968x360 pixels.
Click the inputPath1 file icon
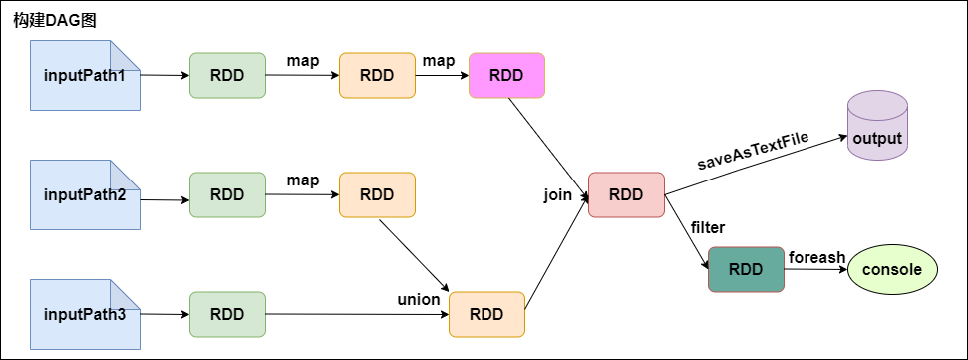[85, 76]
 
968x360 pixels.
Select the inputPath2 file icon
[85, 194]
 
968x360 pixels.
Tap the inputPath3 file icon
[85, 314]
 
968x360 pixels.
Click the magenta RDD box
[506, 76]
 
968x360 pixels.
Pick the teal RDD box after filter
[746, 269]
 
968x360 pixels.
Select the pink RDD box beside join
[626, 195]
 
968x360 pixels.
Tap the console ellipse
[892, 270]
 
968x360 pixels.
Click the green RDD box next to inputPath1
[227, 76]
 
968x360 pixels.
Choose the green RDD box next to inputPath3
[227, 314]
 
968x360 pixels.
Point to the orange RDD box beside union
[486, 314]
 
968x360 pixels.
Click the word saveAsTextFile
[752, 150]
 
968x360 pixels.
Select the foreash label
[816, 257]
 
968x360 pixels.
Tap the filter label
[707, 228]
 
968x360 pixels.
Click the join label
[558, 194]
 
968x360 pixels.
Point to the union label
[419, 298]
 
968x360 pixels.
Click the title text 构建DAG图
[54, 20]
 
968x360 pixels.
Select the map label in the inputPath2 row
[302, 180]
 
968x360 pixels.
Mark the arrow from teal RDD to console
[815, 270]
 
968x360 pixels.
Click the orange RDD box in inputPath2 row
[377, 195]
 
